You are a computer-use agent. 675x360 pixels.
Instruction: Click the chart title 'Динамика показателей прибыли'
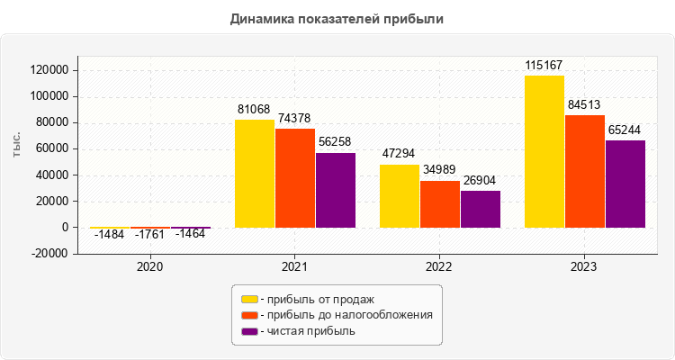[337, 19]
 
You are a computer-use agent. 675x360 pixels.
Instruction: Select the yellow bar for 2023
[544, 151]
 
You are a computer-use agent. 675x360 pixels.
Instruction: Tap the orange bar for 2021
[295, 178]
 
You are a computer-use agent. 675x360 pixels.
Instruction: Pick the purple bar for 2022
[480, 209]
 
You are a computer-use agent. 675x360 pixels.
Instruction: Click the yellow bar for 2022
[400, 196]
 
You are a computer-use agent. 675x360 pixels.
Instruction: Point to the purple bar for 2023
[625, 184]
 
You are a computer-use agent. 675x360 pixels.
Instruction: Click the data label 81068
[255, 110]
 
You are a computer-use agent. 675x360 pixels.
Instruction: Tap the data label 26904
[480, 180]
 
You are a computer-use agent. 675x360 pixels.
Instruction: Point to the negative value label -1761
[150, 236]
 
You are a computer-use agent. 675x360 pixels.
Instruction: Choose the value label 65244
[625, 130]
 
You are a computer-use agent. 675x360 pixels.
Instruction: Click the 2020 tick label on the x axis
[150, 267]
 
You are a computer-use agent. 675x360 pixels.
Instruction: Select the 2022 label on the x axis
[439, 267]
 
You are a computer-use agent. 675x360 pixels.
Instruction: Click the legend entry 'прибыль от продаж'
[314, 299]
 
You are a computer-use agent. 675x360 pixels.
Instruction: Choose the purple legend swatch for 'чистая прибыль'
[249, 331]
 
